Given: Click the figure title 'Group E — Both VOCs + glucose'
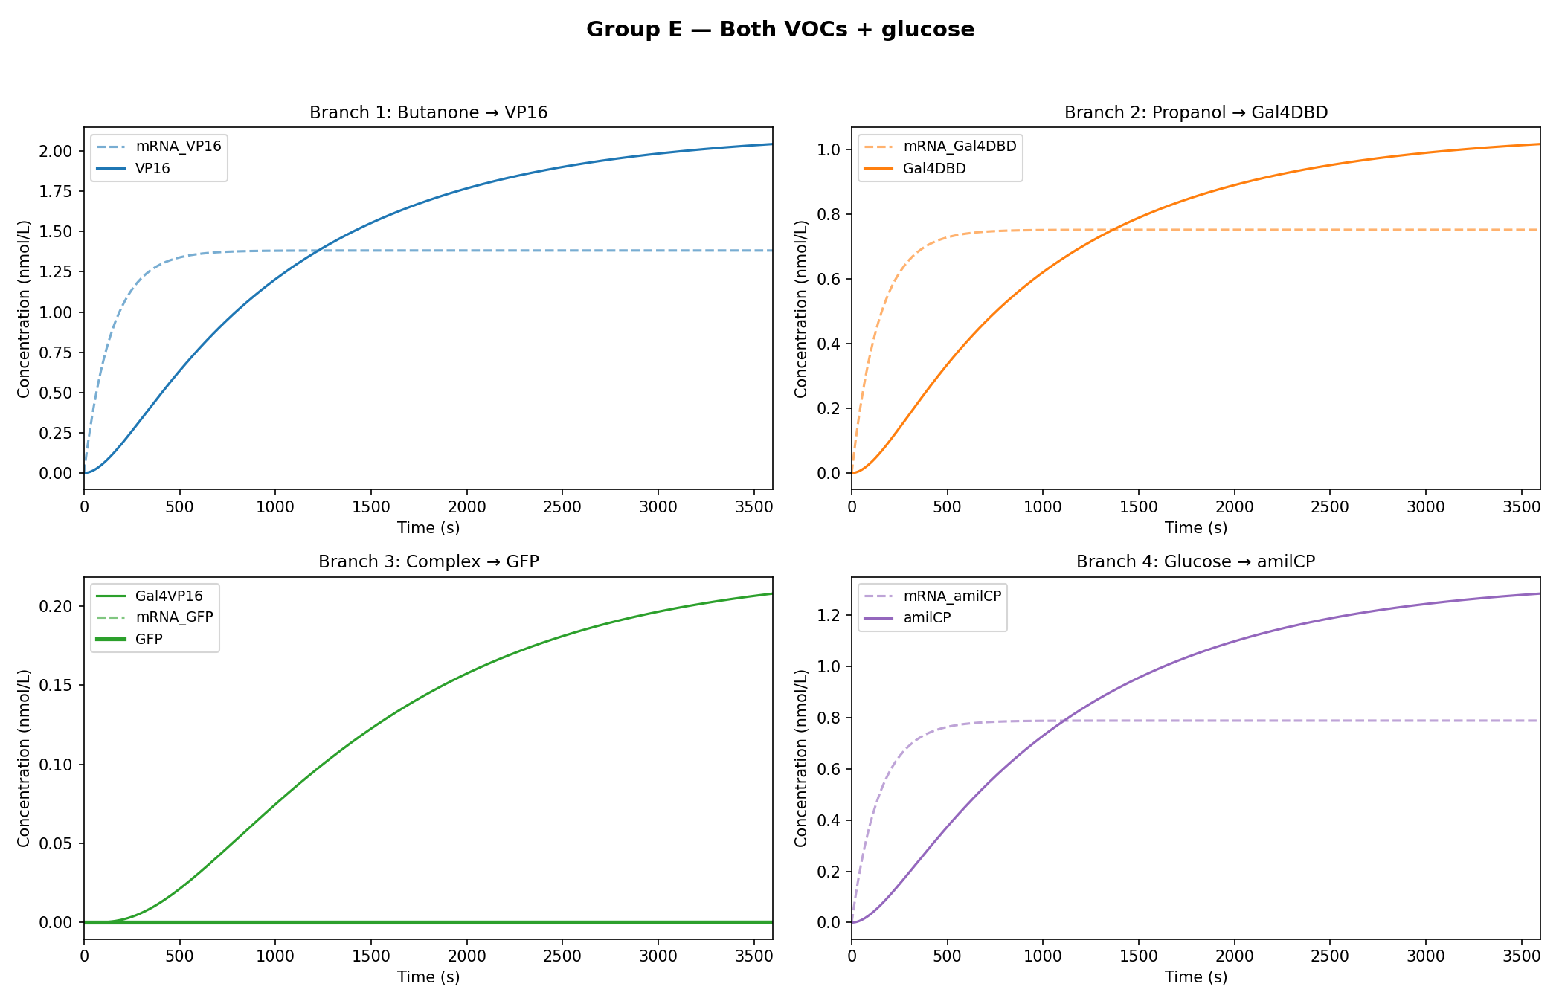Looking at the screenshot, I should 780,30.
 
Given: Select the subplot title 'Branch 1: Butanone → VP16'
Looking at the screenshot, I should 428,112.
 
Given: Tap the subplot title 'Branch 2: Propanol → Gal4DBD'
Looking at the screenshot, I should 1196,112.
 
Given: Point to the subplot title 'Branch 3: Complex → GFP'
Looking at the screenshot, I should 428,561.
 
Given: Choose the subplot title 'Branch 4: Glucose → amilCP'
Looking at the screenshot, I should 1196,561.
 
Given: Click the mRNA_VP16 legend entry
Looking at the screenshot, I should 178,147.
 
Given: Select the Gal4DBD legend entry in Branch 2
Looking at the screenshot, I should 934,169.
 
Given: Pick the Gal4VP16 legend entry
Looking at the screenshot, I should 169,596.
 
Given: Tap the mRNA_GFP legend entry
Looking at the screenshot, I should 174,617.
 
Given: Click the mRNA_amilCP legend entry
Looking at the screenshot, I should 952,596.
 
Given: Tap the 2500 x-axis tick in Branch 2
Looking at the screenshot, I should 1329,507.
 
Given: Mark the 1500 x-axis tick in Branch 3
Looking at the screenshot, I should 370,956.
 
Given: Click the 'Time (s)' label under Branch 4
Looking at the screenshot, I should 1196,977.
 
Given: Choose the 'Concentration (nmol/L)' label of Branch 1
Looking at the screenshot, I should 24,309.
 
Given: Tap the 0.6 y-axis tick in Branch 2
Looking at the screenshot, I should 830,279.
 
